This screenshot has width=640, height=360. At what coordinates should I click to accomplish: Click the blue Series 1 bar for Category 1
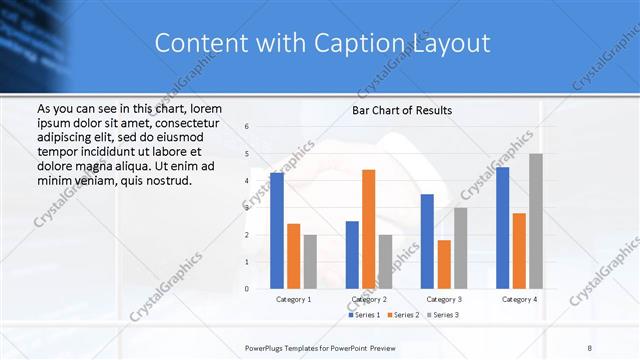(x=277, y=230)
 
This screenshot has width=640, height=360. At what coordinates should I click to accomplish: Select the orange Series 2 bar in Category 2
(x=368, y=229)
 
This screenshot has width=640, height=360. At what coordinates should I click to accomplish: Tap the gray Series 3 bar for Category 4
(x=536, y=221)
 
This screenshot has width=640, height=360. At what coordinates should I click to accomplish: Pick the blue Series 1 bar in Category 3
(x=427, y=241)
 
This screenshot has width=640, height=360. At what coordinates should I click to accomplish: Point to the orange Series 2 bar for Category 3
(x=444, y=264)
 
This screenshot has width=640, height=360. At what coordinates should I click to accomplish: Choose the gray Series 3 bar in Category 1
(x=310, y=261)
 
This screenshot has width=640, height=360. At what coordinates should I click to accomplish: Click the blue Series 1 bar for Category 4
(x=503, y=227)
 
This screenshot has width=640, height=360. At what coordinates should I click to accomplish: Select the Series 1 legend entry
(x=363, y=315)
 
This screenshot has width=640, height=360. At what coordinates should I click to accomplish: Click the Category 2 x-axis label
(x=368, y=299)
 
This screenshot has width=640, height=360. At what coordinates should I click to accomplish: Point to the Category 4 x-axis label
(x=519, y=299)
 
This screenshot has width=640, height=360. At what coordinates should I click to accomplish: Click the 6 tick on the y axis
(x=247, y=127)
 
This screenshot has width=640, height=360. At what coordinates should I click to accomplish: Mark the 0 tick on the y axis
(x=247, y=289)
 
